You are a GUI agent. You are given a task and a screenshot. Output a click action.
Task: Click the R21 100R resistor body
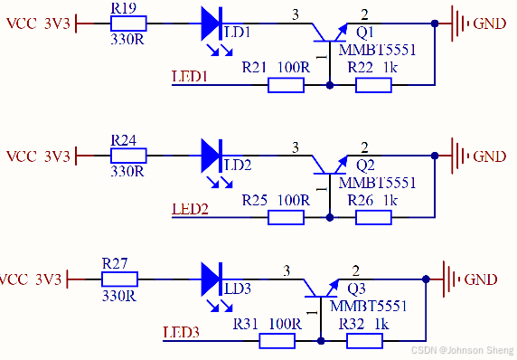click(x=286, y=85)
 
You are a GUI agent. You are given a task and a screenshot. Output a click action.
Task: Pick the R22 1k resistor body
click(x=373, y=85)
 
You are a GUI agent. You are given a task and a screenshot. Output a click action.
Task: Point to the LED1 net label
click(x=190, y=78)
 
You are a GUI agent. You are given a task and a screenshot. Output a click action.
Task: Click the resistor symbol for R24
click(x=126, y=156)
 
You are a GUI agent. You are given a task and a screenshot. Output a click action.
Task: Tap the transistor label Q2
click(x=365, y=166)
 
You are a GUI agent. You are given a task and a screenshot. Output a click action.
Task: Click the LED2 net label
click(x=190, y=210)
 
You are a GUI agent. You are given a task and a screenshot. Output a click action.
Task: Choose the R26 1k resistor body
click(x=373, y=217)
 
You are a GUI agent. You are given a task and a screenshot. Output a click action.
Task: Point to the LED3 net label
click(x=181, y=332)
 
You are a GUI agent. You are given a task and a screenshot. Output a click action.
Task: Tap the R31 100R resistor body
click(x=277, y=340)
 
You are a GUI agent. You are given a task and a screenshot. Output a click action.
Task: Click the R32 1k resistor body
click(x=364, y=340)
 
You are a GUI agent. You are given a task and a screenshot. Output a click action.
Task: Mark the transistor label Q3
click(x=357, y=289)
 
